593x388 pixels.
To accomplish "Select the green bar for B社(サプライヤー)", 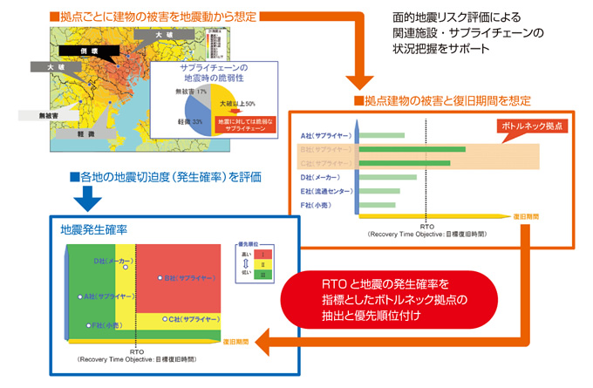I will (x=412, y=149).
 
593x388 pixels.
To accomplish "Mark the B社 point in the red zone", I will (x=160, y=278).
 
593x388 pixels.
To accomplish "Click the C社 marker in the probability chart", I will (x=165, y=319).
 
